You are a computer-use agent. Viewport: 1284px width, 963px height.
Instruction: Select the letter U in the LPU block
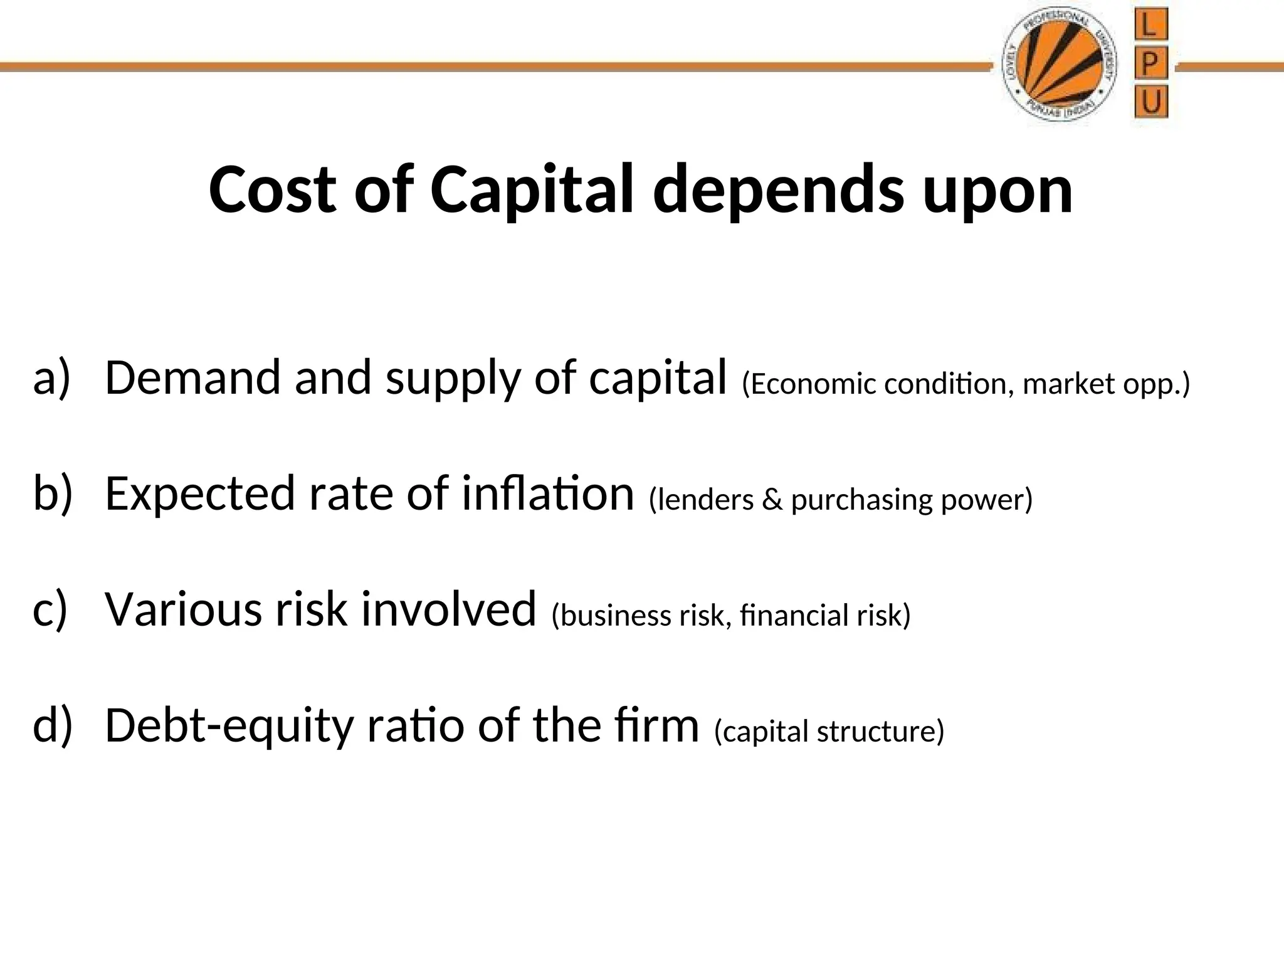pos(1150,102)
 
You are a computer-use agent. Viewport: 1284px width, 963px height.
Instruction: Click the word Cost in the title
pos(273,190)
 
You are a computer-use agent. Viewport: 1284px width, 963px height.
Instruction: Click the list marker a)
pos(51,378)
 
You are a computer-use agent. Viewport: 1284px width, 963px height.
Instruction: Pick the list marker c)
pos(50,609)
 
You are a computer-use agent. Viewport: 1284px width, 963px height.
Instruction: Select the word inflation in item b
pos(548,493)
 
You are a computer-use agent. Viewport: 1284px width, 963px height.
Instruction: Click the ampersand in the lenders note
pos(772,500)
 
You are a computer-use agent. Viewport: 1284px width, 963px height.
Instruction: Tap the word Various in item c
pos(182,609)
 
